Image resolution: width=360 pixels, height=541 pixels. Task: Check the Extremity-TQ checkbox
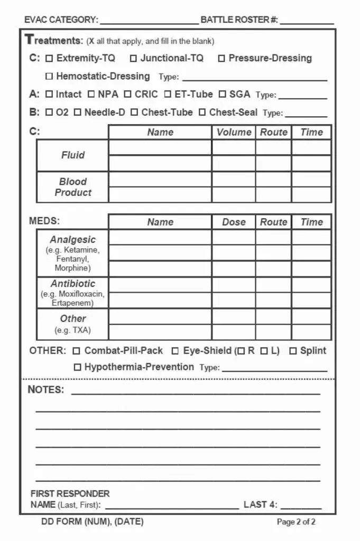click(x=50, y=59)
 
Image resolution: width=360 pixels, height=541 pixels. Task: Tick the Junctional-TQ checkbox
click(x=134, y=59)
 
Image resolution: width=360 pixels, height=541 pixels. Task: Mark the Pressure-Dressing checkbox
click(x=221, y=59)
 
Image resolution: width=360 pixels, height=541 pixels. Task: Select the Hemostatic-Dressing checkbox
click(x=50, y=77)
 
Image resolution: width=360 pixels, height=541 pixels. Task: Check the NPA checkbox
click(x=91, y=95)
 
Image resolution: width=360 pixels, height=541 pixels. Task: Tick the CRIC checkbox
click(x=128, y=95)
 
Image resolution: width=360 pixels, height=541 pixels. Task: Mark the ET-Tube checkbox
click(x=168, y=95)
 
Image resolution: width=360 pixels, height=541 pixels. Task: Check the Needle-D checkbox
click(x=78, y=113)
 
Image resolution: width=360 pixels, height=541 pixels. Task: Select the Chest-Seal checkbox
click(x=202, y=113)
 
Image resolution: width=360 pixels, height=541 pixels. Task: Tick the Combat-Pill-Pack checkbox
click(x=77, y=351)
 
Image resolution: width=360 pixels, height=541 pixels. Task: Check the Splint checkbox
click(x=293, y=351)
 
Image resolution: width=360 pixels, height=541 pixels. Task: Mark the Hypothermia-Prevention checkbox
click(x=78, y=367)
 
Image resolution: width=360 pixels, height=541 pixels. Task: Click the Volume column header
click(x=234, y=132)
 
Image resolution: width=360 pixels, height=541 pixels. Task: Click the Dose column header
click(x=234, y=222)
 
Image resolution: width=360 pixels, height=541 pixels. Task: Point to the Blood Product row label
click(x=72, y=187)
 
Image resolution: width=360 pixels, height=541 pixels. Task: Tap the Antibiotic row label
click(x=73, y=284)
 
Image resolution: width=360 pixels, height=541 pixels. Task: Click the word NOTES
click(x=45, y=390)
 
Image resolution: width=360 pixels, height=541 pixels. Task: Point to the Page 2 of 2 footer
click(x=296, y=522)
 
